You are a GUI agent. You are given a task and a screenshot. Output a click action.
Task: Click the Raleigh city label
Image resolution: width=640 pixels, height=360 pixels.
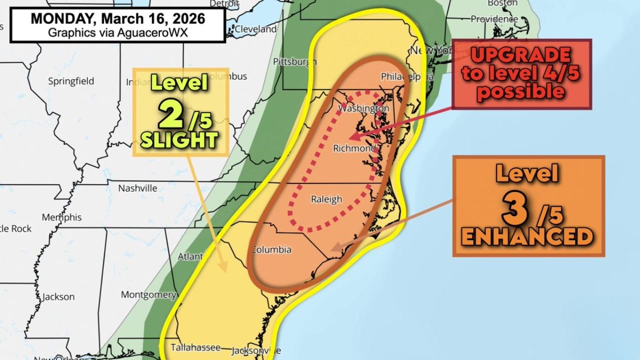[326, 199]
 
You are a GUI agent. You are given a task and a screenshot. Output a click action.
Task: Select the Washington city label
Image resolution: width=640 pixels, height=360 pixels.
[363, 108]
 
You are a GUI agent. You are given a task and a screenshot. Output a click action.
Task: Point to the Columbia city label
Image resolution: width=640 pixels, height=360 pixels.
[271, 249]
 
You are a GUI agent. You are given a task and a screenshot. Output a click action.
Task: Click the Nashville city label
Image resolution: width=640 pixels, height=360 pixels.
[137, 188]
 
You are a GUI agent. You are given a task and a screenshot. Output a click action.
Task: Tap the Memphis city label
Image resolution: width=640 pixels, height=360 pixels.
[61, 217]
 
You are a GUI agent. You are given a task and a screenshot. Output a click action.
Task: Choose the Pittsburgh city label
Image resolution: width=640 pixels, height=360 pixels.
[295, 61]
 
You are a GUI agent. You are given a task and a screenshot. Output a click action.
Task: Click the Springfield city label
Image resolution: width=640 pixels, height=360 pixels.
[71, 81]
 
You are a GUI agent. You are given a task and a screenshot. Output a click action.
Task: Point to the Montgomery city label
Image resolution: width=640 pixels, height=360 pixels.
[148, 294]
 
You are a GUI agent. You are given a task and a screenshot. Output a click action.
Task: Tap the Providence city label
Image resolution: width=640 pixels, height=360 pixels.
[494, 19]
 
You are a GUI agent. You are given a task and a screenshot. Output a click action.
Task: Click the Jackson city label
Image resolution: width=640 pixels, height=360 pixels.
[58, 296]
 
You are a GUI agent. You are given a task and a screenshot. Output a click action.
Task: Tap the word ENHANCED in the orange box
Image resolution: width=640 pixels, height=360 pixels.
[527, 236]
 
